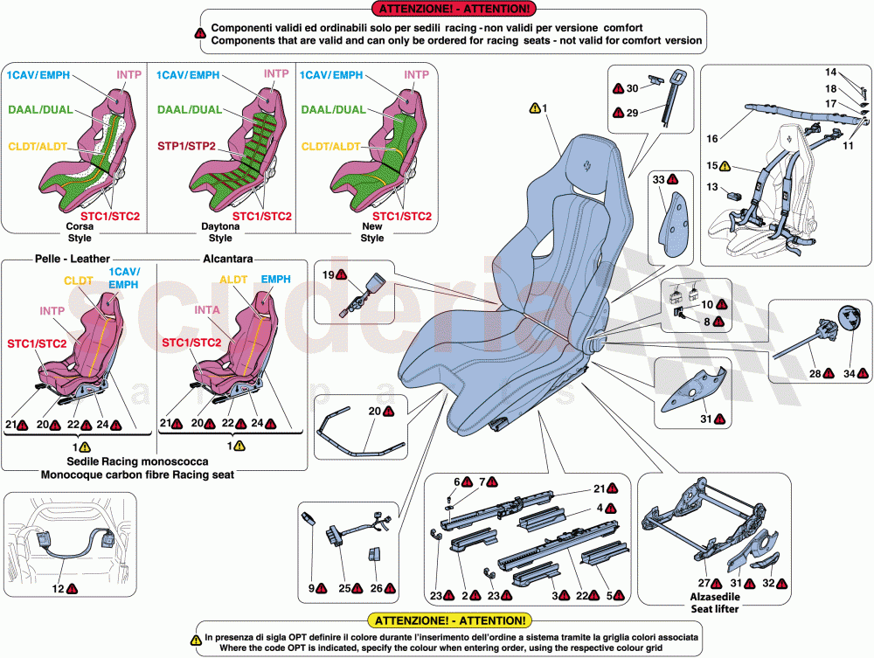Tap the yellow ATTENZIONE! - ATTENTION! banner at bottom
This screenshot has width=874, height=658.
coord(450,620)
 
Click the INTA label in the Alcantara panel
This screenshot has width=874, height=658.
coord(207,309)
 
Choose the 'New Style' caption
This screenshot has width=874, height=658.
coord(372,232)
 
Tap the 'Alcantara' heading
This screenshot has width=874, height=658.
coord(228,260)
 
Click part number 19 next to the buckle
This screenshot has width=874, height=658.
coord(327,275)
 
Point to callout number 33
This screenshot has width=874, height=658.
coord(659,179)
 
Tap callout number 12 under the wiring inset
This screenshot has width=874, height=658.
coord(57,589)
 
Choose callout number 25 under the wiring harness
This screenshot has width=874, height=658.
coord(344,588)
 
